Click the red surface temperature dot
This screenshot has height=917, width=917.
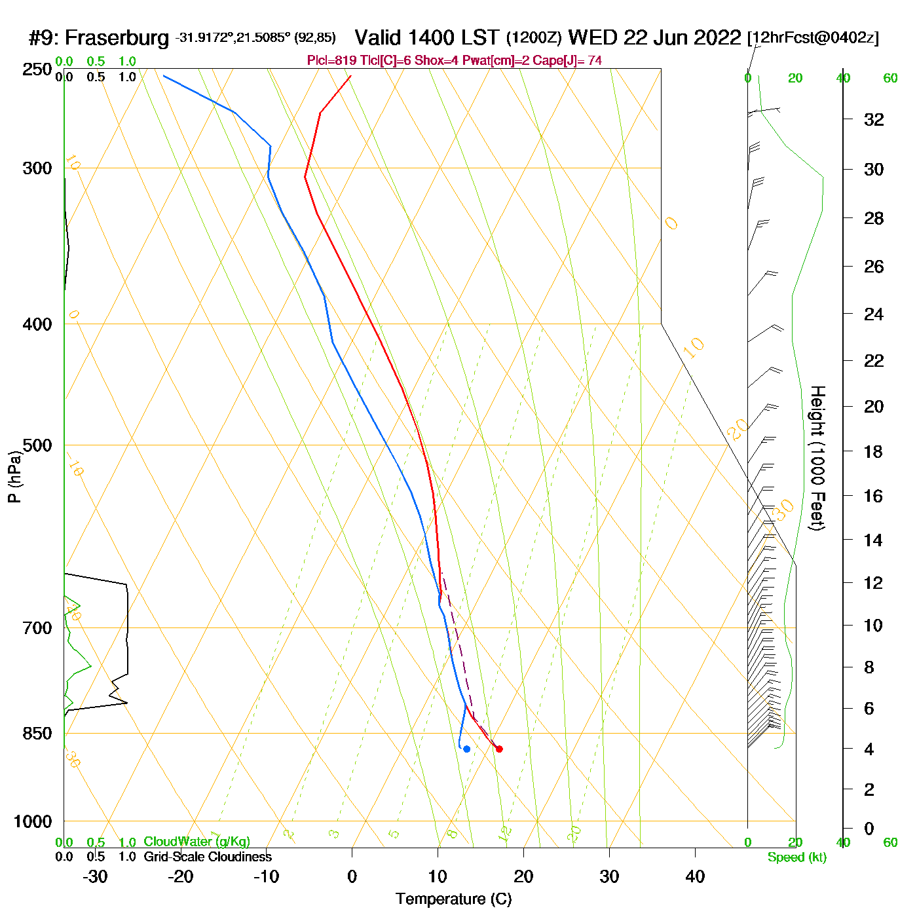point(499,749)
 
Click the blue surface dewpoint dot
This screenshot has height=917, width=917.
point(466,749)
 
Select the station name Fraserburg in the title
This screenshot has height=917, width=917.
point(117,38)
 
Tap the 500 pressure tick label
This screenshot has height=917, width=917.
point(37,445)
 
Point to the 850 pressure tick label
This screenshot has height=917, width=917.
point(37,734)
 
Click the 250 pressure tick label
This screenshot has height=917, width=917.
point(37,69)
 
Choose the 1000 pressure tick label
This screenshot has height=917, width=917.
point(33,821)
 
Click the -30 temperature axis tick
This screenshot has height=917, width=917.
point(95,876)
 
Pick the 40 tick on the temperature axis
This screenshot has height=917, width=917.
point(695,876)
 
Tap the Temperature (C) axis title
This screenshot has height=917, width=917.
point(453,899)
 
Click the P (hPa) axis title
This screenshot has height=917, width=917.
point(14,477)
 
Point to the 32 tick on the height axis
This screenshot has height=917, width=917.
point(874,120)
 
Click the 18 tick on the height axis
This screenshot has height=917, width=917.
point(874,451)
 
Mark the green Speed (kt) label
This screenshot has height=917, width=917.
point(797,857)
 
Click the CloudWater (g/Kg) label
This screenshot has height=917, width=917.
point(196,842)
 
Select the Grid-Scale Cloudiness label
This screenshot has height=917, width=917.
point(208,857)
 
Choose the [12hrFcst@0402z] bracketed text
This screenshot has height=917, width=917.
point(813,38)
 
